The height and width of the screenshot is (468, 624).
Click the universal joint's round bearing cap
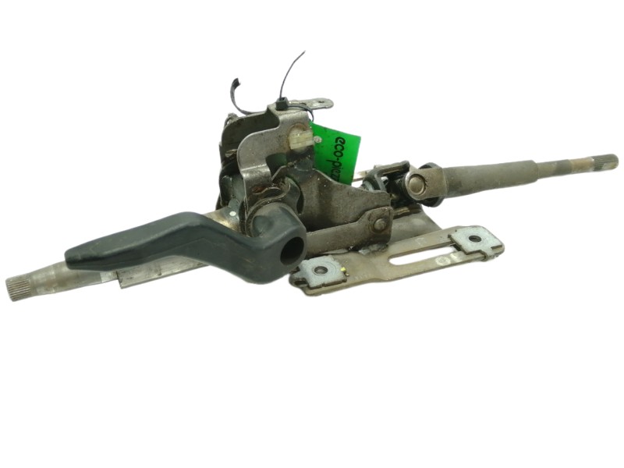414,185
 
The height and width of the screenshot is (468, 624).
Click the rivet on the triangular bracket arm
380,223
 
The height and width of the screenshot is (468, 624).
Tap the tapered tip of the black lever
74,254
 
